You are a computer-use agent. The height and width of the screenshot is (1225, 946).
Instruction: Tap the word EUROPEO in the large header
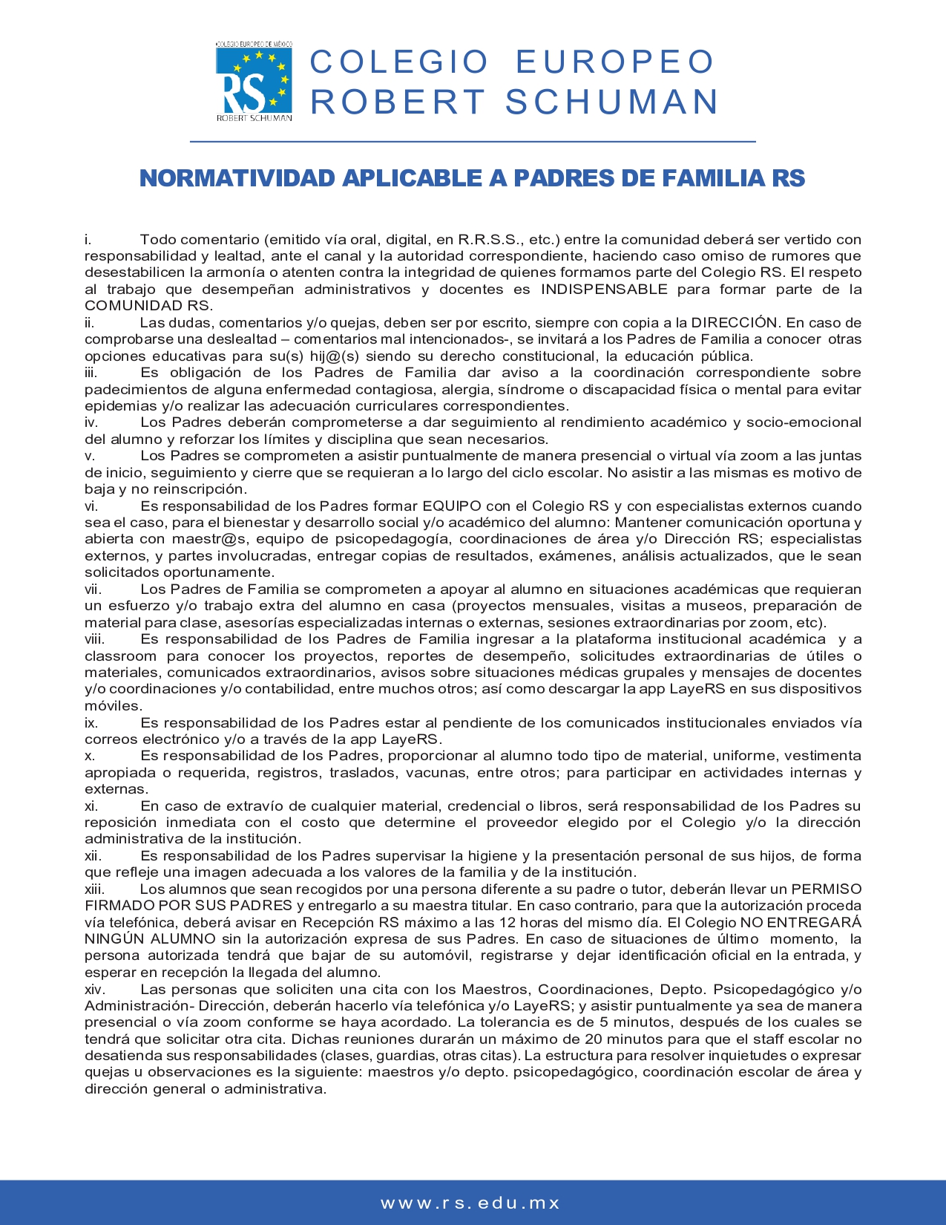point(615,62)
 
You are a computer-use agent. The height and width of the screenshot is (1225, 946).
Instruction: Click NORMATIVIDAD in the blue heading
point(237,178)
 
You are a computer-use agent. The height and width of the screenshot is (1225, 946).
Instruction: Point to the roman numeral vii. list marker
point(93,589)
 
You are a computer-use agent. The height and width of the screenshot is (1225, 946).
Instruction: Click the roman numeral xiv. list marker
point(94,990)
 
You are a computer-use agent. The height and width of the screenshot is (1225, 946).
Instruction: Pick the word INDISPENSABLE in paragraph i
point(604,290)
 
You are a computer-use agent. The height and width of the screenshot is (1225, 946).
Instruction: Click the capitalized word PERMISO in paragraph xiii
point(827,889)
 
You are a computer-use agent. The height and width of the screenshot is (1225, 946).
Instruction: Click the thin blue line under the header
point(473,141)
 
